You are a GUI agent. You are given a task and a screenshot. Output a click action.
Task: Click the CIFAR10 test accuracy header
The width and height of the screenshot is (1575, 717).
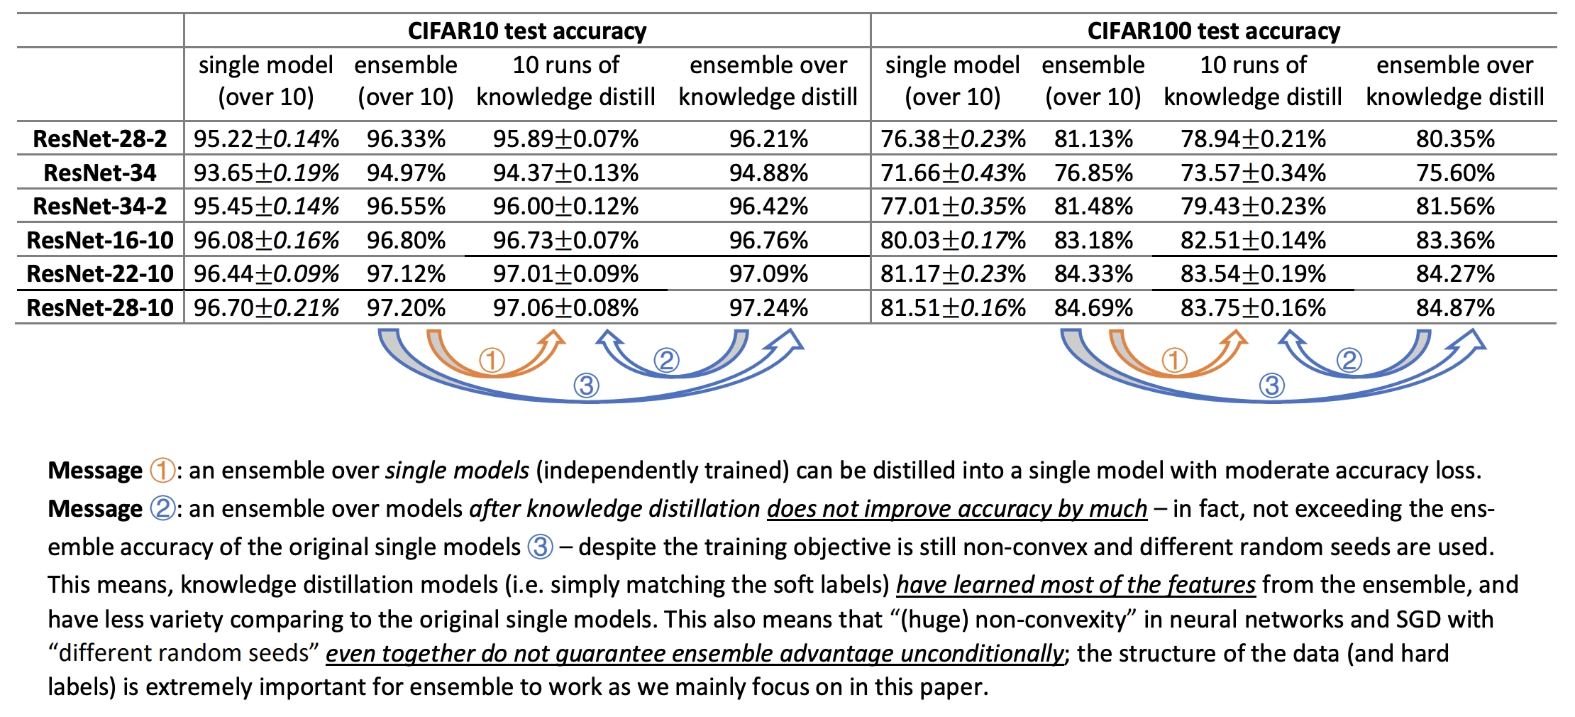(x=527, y=31)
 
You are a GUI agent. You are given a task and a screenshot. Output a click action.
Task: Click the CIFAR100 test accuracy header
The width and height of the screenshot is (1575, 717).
(x=1214, y=31)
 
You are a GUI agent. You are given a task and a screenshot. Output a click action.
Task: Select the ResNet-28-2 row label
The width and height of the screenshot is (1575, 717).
(x=100, y=138)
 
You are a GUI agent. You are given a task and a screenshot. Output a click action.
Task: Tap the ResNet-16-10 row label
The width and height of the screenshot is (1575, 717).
(x=100, y=240)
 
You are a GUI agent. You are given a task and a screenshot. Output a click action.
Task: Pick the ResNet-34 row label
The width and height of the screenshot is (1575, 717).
(x=100, y=173)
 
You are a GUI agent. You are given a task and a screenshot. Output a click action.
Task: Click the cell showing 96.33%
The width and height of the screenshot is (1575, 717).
(x=406, y=138)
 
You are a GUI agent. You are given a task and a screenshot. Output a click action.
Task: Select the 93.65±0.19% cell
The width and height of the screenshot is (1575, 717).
(x=266, y=173)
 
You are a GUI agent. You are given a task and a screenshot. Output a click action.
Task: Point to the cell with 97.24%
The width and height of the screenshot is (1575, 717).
(x=768, y=307)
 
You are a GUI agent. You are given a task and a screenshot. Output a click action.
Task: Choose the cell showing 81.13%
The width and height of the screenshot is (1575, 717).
(x=1093, y=138)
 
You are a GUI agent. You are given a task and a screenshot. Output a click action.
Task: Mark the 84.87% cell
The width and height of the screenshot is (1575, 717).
(x=1455, y=307)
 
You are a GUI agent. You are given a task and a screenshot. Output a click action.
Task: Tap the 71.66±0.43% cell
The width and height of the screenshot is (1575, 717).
(x=953, y=173)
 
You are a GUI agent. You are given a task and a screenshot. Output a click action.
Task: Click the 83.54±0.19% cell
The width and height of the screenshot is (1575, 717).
(x=1253, y=273)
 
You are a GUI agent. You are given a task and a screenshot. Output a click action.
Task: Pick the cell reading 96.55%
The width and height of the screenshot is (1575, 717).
(x=406, y=206)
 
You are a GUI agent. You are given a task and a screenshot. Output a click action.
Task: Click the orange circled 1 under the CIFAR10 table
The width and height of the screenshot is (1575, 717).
(x=492, y=360)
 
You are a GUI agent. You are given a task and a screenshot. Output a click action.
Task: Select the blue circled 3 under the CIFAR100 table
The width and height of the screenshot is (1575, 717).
(x=1271, y=385)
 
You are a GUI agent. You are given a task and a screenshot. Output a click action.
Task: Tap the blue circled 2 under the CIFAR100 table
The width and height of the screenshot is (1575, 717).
(x=1349, y=360)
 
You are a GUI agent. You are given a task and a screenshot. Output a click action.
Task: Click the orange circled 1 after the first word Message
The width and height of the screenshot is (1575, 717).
(x=162, y=470)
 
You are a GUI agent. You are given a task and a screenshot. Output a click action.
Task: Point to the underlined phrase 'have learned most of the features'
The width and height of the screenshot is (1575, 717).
(x=1076, y=584)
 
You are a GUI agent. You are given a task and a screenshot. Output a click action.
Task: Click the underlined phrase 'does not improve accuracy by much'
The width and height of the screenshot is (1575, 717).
(x=957, y=508)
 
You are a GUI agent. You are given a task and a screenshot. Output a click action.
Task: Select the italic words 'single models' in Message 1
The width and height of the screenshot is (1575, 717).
(x=457, y=470)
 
